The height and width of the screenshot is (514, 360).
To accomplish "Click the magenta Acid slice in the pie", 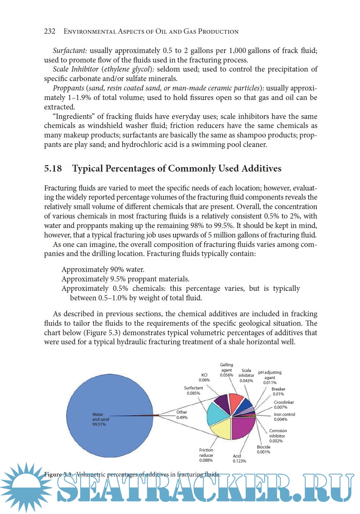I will (242, 428).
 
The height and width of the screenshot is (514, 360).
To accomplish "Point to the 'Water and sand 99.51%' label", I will (100, 419).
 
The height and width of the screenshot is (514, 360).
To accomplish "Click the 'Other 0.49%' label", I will (182, 415).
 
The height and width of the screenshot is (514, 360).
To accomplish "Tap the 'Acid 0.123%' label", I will (239, 458).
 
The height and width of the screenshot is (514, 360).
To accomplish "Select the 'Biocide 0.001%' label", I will (263, 449).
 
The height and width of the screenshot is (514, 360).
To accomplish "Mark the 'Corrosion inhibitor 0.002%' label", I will (277, 436).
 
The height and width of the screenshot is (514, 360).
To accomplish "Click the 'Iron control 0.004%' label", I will (284, 417).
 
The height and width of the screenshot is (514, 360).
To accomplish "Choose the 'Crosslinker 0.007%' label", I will (284, 405).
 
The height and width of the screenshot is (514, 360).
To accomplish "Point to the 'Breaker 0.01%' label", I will (278, 391).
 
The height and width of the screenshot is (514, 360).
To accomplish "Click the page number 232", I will (50, 31).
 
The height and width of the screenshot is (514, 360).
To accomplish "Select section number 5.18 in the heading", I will (53, 169).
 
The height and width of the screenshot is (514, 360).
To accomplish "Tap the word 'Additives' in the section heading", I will (261, 169).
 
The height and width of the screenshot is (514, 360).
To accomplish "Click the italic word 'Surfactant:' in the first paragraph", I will (70, 51).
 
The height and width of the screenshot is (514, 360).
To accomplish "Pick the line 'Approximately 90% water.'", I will (103, 270).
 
